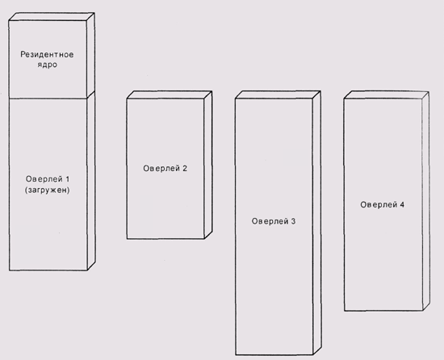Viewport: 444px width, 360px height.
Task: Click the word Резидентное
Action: coord(47,54)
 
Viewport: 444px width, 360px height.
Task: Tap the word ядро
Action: coord(48,65)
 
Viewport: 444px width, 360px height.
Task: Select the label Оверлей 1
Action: coord(48,179)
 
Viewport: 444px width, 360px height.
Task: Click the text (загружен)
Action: coord(48,190)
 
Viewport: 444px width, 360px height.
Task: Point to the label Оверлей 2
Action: coord(165,169)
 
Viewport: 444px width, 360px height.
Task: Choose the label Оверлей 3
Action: coord(274,221)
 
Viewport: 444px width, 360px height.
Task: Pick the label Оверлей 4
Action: coord(383,205)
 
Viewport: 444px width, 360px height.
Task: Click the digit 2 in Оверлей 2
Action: coord(185,169)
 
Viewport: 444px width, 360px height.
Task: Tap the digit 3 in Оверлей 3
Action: coord(293,221)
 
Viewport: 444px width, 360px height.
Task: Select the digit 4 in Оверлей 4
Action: coord(402,205)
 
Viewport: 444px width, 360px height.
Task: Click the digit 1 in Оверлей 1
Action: coord(67,179)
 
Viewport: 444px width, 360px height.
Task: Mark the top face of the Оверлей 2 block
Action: coord(170,94)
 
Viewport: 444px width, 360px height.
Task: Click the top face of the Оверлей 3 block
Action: coord(278,94)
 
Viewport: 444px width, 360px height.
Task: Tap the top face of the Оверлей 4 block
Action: coord(387,95)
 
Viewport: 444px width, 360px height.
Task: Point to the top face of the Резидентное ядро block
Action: coord(52,16)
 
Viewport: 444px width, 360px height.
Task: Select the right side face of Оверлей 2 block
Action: coord(208,165)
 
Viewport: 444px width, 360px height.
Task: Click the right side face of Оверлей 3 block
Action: coord(317,223)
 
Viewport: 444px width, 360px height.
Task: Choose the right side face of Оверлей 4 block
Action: coord(425,201)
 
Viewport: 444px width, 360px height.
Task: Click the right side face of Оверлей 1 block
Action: coord(91,181)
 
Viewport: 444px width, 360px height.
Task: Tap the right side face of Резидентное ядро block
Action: coord(90,55)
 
